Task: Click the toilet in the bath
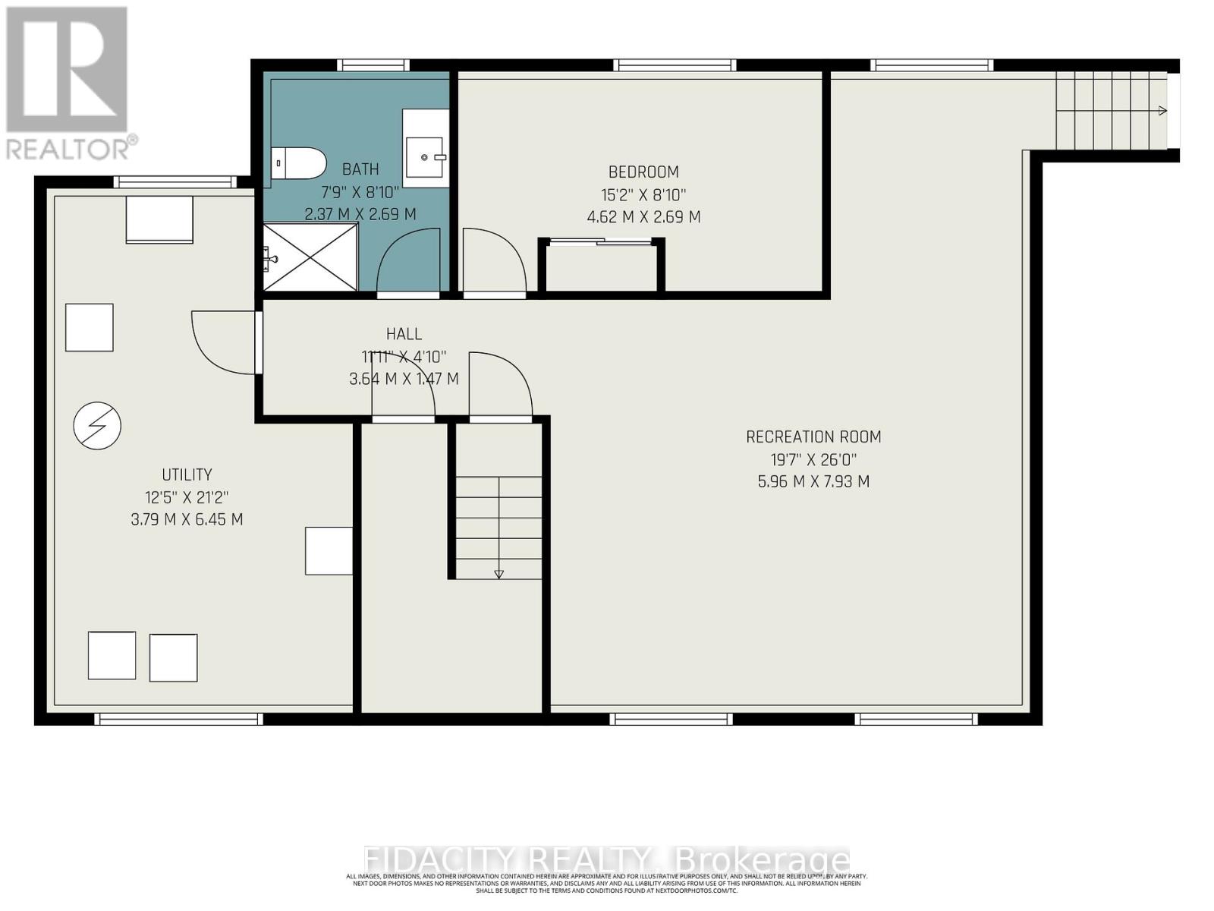click(298, 163)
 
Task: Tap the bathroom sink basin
click(426, 157)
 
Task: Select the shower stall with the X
click(310, 257)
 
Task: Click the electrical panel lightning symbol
click(97, 425)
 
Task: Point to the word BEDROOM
click(643, 172)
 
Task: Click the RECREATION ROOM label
click(813, 437)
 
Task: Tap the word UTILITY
click(187, 474)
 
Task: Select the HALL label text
click(404, 334)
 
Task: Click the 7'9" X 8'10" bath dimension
click(360, 191)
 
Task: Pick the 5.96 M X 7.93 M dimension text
click(813, 481)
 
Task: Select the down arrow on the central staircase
click(498, 574)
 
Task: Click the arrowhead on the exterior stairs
click(1162, 111)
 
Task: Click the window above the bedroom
click(674, 65)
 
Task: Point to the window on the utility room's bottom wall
click(178, 719)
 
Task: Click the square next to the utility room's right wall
click(329, 550)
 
